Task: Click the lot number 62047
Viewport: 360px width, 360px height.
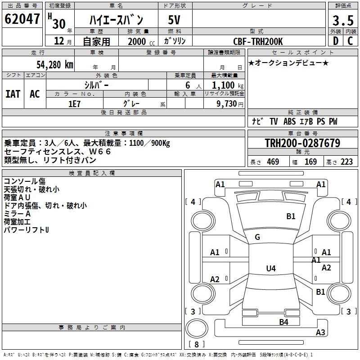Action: [x=22, y=19]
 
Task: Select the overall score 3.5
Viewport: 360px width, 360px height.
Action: [x=342, y=21]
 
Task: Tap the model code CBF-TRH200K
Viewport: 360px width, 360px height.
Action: [x=258, y=41]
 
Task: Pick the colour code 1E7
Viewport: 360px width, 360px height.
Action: [x=74, y=103]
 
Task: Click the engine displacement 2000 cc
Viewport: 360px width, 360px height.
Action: [x=138, y=41]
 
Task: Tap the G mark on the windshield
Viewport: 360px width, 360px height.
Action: [x=257, y=237]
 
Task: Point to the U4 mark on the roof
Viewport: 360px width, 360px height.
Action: [x=270, y=269]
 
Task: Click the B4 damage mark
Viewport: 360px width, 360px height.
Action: [x=283, y=322]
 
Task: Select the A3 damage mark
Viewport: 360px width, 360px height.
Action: [x=320, y=333]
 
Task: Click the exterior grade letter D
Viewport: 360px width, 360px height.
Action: [x=335, y=41]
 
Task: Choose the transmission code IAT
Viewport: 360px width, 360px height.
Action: [x=13, y=94]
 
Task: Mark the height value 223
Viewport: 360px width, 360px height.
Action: [x=347, y=162]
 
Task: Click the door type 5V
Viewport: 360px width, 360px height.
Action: [x=175, y=20]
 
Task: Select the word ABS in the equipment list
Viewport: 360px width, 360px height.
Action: [x=290, y=121]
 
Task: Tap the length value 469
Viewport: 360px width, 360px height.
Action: [x=273, y=162]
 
